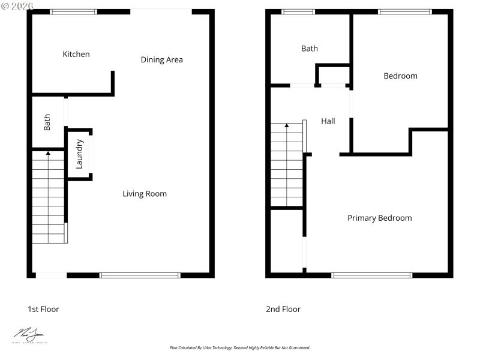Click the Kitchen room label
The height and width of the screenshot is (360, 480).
point(76,55)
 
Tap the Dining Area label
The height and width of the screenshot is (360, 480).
point(161,60)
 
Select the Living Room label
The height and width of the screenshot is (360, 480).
point(145,194)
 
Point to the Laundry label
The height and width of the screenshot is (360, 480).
point(79,154)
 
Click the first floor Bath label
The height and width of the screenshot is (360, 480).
point(47,122)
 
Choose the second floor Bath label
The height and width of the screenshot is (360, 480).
point(310,49)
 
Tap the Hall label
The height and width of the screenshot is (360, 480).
point(328,121)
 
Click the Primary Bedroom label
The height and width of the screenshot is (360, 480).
point(379,218)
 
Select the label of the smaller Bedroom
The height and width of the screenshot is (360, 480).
point(400,76)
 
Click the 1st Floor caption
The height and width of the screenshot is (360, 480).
point(43,310)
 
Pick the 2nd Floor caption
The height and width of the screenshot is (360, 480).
point(283,310)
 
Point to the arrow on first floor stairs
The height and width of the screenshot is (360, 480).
point(49,155)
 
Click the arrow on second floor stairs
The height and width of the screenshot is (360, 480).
point(287,127)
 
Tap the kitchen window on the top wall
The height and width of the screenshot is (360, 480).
point(73,11)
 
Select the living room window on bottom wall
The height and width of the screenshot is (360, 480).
point(140,275)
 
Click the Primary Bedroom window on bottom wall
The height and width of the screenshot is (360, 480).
point(372,275)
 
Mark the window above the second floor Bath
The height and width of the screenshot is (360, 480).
point(298,11)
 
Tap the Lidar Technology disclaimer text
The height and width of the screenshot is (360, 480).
point(240,348)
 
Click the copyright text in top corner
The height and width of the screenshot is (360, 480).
point(18,5)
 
